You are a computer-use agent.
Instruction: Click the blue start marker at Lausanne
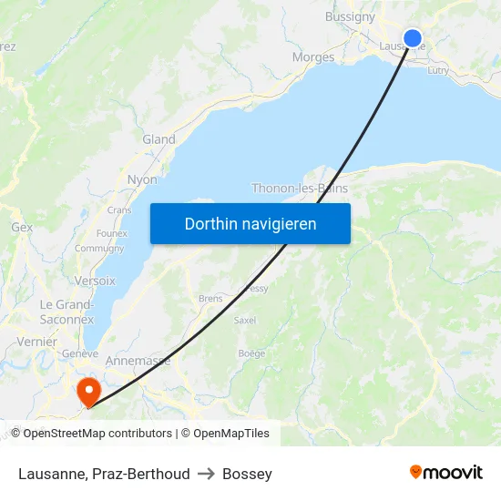click(413, 38)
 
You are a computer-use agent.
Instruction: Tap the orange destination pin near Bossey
click(88, 392)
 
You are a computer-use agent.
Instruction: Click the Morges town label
click(313, 57)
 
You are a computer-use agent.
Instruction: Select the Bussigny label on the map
click(350, 16)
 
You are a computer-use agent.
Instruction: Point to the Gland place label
click(158, 139)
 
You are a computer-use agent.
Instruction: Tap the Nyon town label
click(142, 179)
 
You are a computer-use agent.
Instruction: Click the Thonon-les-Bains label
click(300, 189)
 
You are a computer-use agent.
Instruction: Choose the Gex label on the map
click(22, 227)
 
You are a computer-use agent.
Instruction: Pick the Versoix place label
click(95, 281)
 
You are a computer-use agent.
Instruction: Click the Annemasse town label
click(138, 361)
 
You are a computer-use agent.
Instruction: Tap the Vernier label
click(36, 342)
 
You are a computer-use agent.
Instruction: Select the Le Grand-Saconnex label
click(66, 312)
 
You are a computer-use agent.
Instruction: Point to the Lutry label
click(438, 69)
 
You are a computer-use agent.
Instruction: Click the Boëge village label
click(251, 353)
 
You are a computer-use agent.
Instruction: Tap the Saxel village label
click(245, 321)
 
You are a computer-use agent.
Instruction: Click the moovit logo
click(445, 473)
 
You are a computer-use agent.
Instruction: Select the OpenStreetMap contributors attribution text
click(97, 434)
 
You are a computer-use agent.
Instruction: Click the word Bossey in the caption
click(247, 474)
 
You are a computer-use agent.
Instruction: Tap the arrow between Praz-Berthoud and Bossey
click(206, 474)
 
